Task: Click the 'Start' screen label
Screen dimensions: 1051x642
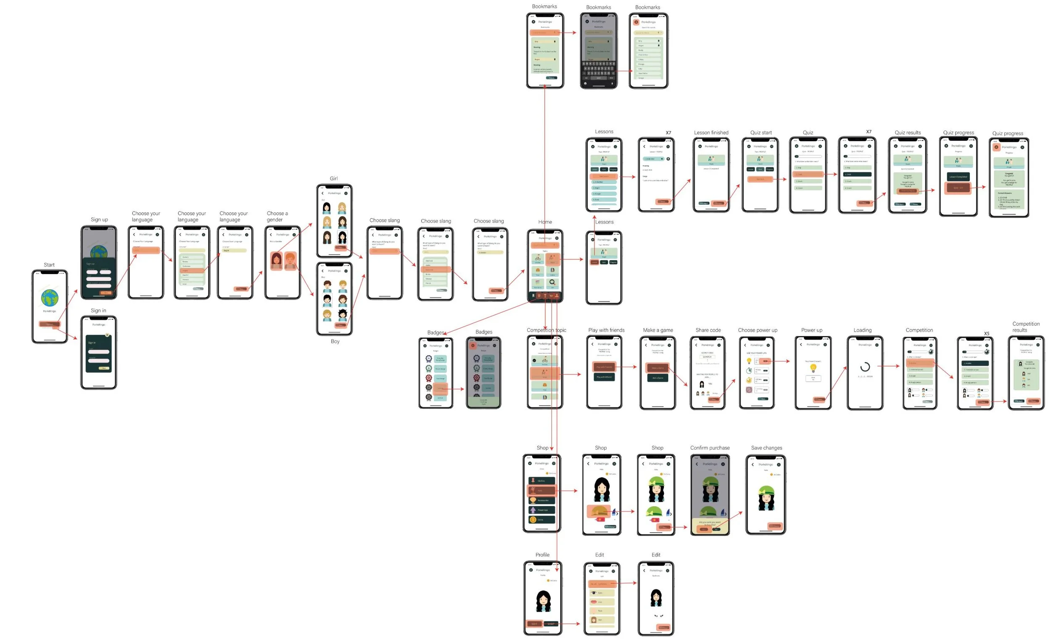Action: (x=49, y=265)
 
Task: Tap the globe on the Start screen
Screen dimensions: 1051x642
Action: (x=50, y=297)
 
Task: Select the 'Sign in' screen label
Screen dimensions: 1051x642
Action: (x=98, y=311)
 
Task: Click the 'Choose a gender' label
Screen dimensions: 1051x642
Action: (x=277, y=216)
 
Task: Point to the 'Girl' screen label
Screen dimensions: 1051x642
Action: (x=333, y=178)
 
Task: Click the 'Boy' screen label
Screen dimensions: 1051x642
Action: (x=335, y=341)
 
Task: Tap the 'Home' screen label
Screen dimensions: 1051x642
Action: (x=545, y=222)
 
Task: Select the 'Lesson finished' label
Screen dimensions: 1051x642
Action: (x=710, y=133)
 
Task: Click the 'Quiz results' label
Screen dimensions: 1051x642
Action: (x=907, y=133)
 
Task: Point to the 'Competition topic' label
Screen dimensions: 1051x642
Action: (x=546, y=330)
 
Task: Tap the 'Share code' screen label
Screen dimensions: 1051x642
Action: (x=708, y=330)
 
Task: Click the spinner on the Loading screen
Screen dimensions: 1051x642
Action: (x=865, y=367)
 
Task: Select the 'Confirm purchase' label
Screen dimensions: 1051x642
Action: (x=710, y=448)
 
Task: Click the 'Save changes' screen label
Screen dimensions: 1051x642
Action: (x=766, y=448)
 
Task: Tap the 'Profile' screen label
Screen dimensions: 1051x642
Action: (x=542, y=555)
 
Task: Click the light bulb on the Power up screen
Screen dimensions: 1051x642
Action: (x=813, y=368)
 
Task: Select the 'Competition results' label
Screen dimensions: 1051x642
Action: (x=1025, y=327)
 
